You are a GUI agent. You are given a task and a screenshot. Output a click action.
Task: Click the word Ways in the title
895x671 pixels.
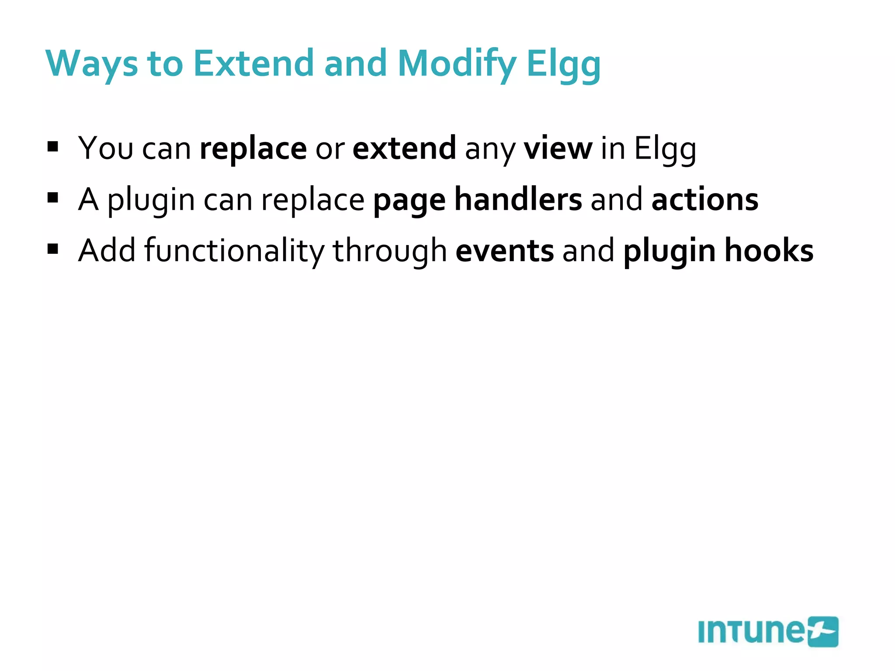pyautogui.click(x=91, y=64)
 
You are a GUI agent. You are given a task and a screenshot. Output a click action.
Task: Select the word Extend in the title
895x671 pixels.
pyautogui.click(x=253, y=64)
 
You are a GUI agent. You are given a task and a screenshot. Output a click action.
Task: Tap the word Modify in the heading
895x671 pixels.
pyautogui.click(x=457, y=64)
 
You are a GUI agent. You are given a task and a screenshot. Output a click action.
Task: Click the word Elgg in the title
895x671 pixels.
pyautogui.click(x=563, y=64)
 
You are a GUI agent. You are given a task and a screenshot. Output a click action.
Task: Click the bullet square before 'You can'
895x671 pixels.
pyautogui.click(x=53, y=147)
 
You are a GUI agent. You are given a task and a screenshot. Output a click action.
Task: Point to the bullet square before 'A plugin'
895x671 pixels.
pyautogui.click(x=53, y=198)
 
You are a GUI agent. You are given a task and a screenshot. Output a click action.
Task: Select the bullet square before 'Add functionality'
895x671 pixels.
pyautogui.click(x=53, y=249)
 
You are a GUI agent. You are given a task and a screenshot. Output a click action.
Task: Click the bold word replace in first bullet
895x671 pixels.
pyautogui.click(x=253, y=149)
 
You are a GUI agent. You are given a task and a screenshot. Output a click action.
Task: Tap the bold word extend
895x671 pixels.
pyautogui.click(x=404, y=149)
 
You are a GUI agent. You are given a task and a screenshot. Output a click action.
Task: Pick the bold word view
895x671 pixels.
pyautogui.click(x=558, y=149)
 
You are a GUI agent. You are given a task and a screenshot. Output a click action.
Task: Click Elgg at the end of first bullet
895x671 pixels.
pyautogui.click(x=665, y=149)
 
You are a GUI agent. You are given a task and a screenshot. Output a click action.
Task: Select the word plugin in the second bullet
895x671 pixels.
pyautogui.click(x=151, y=200)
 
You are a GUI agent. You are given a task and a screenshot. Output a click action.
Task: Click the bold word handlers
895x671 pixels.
pyautogui.click(x=518, y=200)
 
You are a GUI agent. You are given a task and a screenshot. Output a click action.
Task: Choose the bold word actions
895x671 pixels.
pyautogui.click(x=704, y=200)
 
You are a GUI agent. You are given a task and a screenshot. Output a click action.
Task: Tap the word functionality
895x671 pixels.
pyautogui.click(x=234, y=251)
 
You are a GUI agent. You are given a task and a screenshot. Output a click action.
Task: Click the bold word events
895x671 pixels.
pyautogui.click(x=504, y=251)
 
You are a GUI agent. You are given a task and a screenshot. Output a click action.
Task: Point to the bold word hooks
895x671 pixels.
pyautogui.click(x=769, y=251)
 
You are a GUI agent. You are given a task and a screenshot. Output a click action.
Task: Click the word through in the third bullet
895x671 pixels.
pyautogui.click(x=390, y=251)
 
